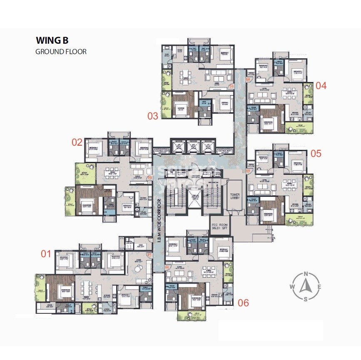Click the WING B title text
(52, 41)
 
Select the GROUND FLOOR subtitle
(61, 52)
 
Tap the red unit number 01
(45, 253)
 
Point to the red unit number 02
(77, 142)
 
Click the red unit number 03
(153, 115)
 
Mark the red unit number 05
(316, 153)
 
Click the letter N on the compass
(306, 273)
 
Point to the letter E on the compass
(319, 287)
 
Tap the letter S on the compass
(306, 299)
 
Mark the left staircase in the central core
(175, 199)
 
